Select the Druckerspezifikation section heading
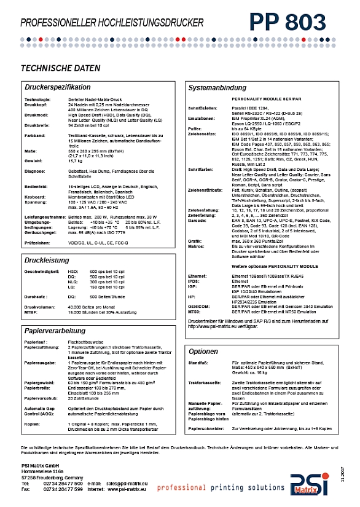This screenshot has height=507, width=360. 57,87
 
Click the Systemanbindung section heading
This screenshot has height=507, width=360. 218,87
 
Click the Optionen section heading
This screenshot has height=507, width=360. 204,352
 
